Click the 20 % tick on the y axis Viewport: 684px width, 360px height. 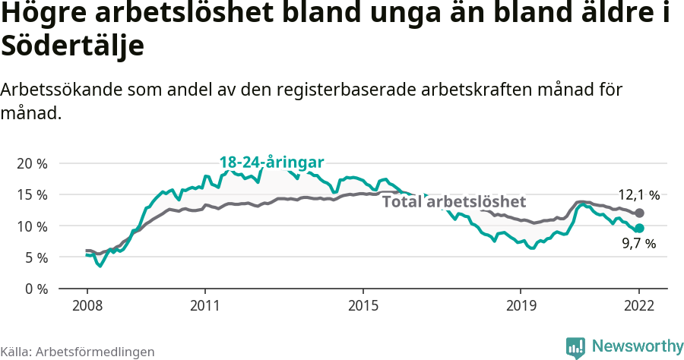(x=31, y=163)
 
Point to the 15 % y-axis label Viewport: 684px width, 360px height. (x=31, y=194)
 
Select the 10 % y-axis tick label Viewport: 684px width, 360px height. (x=31, y=226)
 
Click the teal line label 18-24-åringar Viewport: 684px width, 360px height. (x=271, y=162)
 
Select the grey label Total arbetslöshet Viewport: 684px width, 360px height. (x=454, y=202)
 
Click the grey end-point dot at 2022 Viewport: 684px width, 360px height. (x=639, y=213)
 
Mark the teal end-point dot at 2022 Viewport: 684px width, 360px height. (x=639, y=228)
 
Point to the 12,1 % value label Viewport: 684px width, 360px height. (x=637, y=195)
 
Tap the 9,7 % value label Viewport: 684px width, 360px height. (x=638, y=244)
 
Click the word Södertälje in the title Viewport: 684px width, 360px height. (x=73, y=46)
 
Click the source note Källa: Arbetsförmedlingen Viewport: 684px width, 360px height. (x=78, y=352)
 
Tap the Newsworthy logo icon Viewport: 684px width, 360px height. (x=575, y=347)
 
